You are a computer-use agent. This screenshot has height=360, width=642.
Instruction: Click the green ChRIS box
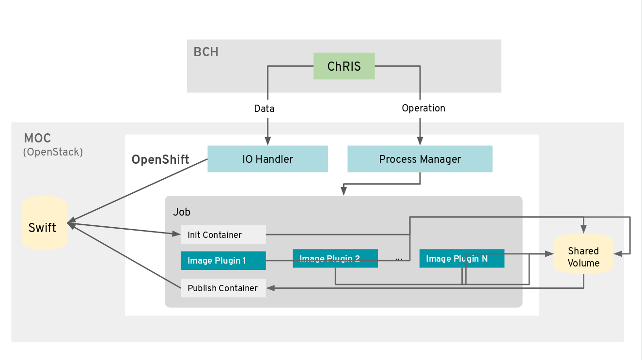tap(344, 66)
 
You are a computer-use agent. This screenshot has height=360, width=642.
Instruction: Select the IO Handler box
tap(267, 159)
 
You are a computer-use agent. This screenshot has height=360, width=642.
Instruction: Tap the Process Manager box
tap(420, 159)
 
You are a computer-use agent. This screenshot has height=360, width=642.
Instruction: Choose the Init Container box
tap(223, 235)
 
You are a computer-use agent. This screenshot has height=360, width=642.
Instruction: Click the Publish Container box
tap(223, 288)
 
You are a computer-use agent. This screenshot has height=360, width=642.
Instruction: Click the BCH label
tap(206, 52)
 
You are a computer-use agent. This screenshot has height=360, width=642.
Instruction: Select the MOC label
tap(37, 139)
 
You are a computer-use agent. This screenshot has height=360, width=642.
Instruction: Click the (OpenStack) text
tap(53, 152)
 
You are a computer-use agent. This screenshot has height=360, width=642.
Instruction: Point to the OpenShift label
tap(160, 159)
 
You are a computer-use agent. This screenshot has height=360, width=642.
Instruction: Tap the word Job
tap(182, 212)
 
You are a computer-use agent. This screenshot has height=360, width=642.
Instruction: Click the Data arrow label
tap(264, 109)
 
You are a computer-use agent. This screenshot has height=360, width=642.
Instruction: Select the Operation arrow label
tap(423, 108)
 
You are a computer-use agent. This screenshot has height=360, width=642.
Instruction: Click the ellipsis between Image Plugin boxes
tap(399, 259)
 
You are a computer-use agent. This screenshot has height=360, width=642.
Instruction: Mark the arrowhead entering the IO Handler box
tap(268, 141)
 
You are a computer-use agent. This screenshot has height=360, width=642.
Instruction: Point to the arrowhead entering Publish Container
tap(270, 288)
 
